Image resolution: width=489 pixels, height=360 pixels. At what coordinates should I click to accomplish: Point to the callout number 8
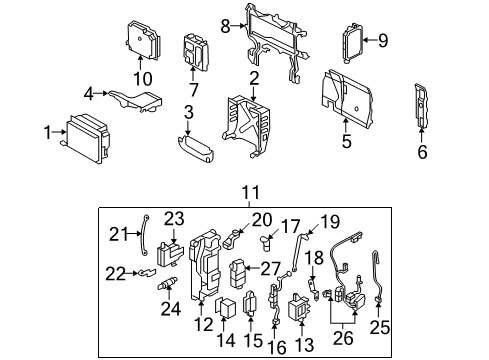(226, 24)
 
